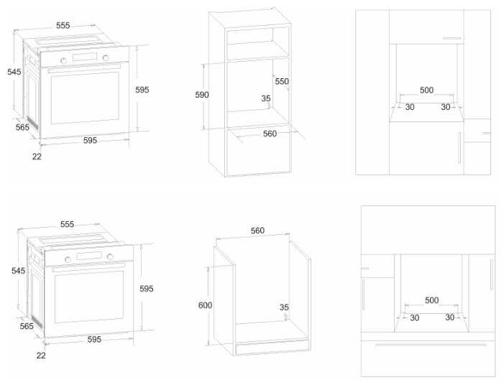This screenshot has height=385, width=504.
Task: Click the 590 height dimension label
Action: pos(202,95)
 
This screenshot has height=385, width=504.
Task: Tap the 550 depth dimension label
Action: pos(282,82)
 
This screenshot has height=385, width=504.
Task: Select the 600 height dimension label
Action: pos(205,305)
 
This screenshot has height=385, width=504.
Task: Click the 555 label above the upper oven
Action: pos(63,26)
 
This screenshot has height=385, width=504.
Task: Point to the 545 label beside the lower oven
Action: pos(18,271)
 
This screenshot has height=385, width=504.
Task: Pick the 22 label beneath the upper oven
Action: pos(37,155)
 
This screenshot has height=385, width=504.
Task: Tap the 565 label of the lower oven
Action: pos(27,326)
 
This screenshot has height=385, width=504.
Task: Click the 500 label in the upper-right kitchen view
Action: pos(426,91)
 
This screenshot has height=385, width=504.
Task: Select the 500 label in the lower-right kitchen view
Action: pos(431,300)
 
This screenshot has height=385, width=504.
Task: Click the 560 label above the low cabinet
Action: pos(257,231)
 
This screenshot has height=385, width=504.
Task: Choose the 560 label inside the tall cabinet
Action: pos(270,134)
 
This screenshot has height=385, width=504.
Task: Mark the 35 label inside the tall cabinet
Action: pos(266,98)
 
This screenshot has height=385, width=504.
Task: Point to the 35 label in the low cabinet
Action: pos(284,307)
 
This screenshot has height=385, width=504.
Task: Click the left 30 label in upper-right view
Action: pos(410,107)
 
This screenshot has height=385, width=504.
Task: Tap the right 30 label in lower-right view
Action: pos(450,317)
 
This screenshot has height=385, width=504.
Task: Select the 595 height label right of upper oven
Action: pos(142,90)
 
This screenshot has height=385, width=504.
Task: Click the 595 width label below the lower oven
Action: pos(94,339)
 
